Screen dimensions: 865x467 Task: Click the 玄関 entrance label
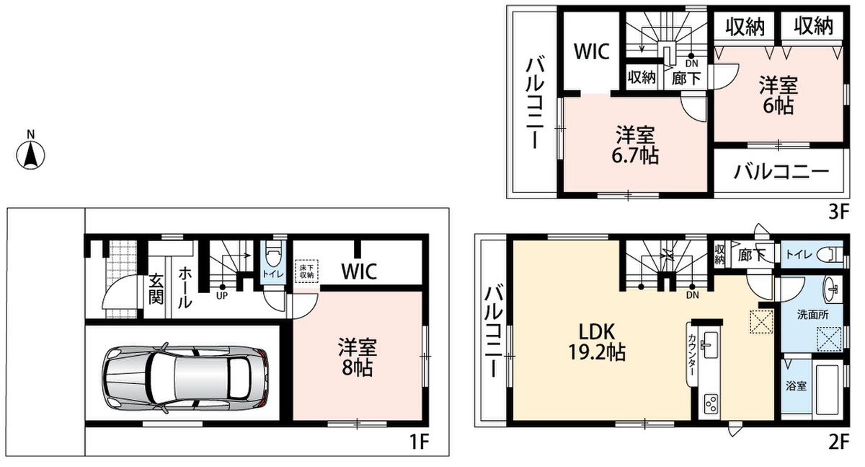pyautogui.click(x=156, y=289)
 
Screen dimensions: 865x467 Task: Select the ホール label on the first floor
pyautogui.click(x=185, y=287)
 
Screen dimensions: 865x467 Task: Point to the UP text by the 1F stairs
pyautogui.click(x=222, y=297)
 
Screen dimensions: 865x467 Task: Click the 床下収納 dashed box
pyautogui.click(x=306, y=271)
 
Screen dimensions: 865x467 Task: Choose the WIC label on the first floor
pyautogui.click(x=359, y=271)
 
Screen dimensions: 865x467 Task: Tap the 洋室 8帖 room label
pyautogui.click(x=358, y=357)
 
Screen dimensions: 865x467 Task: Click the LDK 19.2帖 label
pyautogui.click(x=597, y=341)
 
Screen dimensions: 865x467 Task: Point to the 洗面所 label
pyautogui.click(x=813, y=315)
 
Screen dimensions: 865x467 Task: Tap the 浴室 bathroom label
pyautogui.click(x=797, y=386)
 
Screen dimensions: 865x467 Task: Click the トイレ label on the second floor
pyautogui.click(x=798, y=255)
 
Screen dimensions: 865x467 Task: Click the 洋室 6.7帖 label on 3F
pyautogui.click(x=635, y=144)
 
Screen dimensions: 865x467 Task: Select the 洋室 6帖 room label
pyautogui.click(x=778, y=95)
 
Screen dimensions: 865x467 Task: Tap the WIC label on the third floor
pyautogui.click(x=592, y=51)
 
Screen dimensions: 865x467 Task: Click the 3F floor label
pyautogui.click(x=838, y=211)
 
